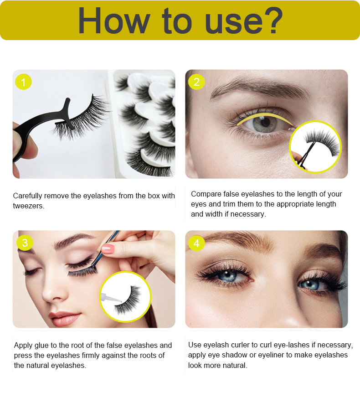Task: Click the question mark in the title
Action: click(x=273, y=21)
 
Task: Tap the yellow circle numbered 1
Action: click(x=23, y=82)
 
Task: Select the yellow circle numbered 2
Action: click(x=196, y=82)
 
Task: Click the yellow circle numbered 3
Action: click(x=25, y=243)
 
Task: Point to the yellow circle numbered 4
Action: click(x=196, y=243)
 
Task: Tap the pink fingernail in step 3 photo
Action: click(x=108, y=249)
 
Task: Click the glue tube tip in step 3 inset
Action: click(x=121, y=301)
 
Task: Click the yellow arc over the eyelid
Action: click(x=265, y=116)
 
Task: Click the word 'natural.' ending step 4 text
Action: click(x=235, y=366)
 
